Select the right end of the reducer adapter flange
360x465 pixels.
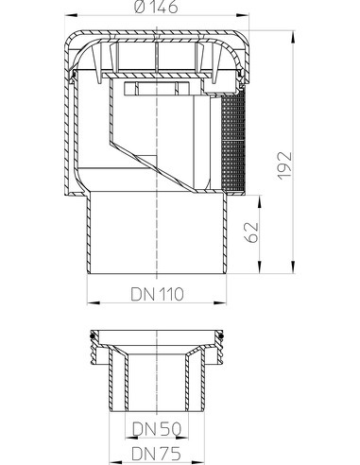(224, 335)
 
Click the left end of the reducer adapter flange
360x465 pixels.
(90, 335)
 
